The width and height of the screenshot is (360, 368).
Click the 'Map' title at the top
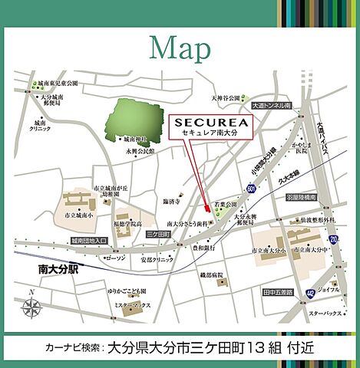coord(180,48)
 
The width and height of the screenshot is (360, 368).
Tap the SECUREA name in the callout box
coord(203,122)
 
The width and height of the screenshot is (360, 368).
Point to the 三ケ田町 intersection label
coord(157,232)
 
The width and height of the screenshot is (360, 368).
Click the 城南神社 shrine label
coord(134,140)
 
